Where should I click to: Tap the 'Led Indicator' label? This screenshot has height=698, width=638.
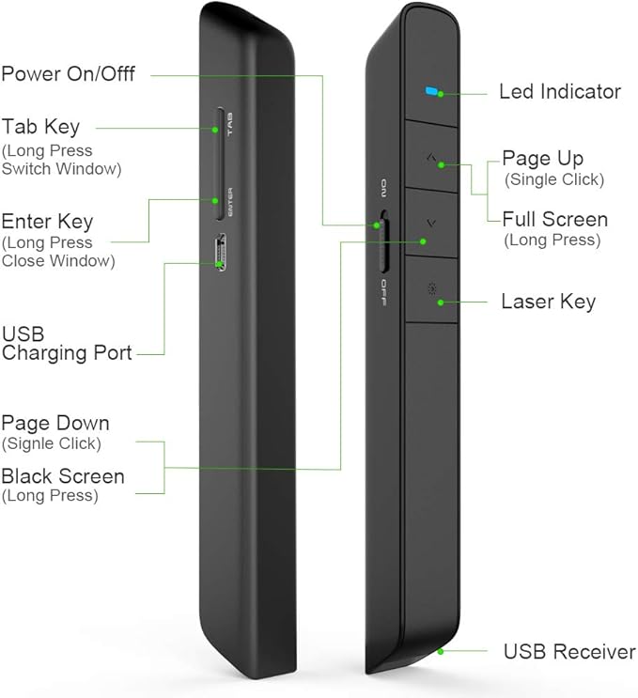559,92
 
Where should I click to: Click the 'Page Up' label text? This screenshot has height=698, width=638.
542,158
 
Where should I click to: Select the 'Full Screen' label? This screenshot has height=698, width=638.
554,220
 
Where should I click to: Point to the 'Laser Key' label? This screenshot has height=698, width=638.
548,302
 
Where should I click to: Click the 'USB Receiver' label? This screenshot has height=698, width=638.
569,651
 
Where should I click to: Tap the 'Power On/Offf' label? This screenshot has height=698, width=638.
68,73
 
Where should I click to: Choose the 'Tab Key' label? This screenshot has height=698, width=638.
40,127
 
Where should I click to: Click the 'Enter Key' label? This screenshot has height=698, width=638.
47,222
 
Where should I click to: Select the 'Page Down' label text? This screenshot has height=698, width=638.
55,423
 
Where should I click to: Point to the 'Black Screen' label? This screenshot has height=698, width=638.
63,476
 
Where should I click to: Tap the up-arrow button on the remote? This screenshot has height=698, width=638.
430,155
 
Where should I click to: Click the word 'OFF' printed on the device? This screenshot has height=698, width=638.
384,292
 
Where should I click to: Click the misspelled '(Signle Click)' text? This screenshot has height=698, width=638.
52,443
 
